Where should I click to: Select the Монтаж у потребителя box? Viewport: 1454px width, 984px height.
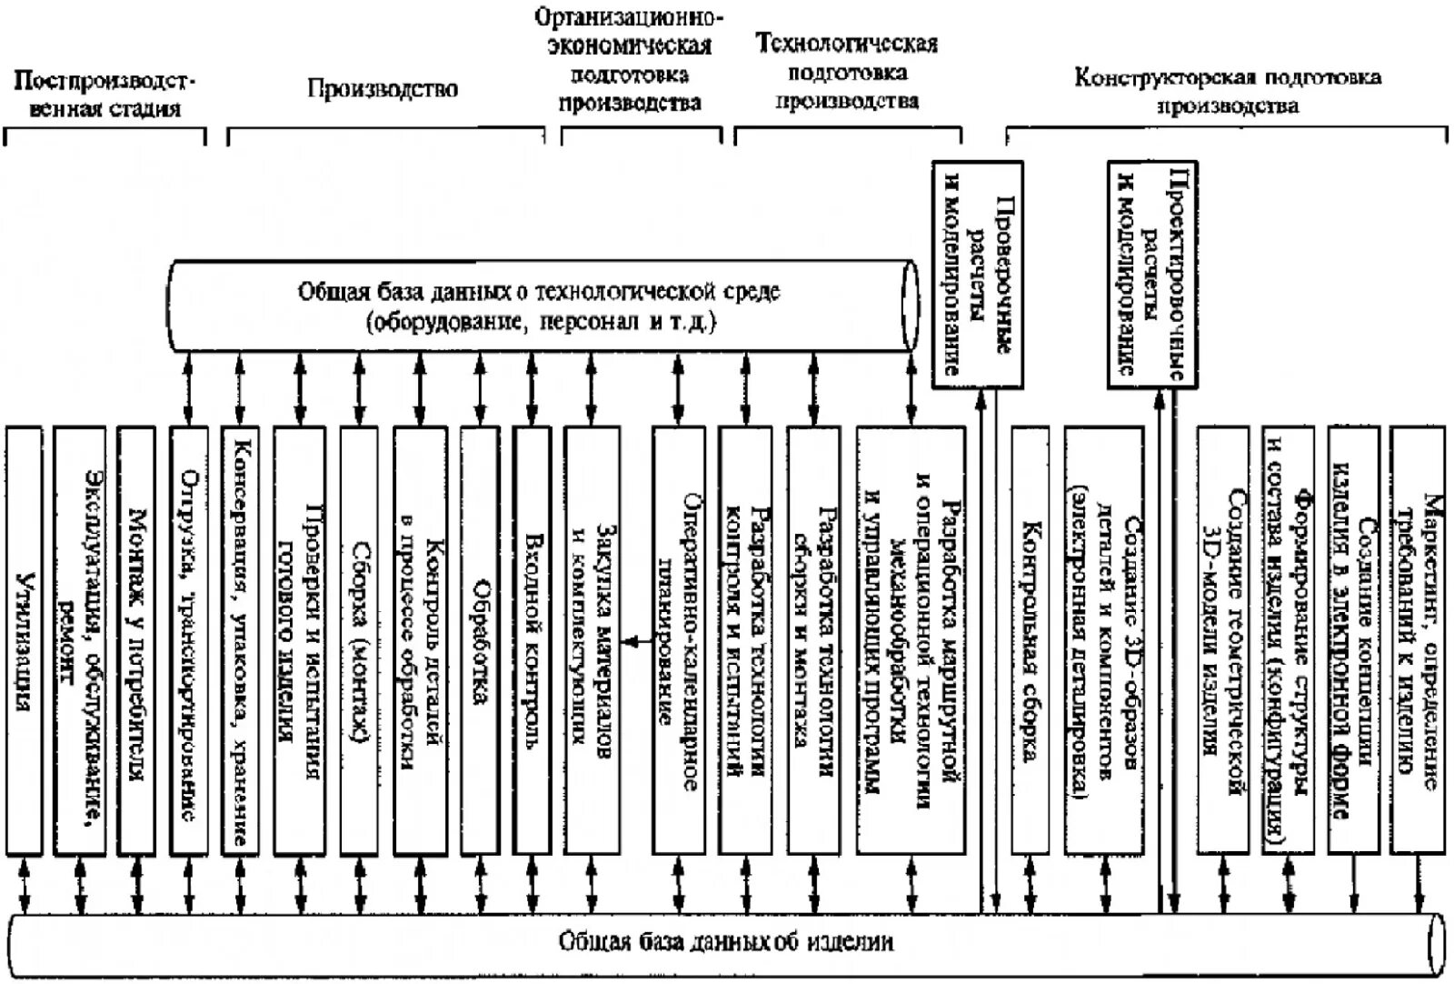coord(136,640)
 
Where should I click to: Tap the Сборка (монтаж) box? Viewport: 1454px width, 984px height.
coord(359,640)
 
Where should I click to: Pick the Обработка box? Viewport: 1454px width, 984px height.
coord(480,640)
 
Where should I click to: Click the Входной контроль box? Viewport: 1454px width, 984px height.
coord(533,640)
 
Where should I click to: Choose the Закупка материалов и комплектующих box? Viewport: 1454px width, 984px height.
coord(592,640)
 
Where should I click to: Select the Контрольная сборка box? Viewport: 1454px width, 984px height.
coord(1030,640)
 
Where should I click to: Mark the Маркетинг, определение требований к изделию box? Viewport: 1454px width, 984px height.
coord(1419,640)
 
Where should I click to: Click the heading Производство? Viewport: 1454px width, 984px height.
coord(382,89)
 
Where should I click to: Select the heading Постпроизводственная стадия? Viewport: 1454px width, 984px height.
coord(105,95)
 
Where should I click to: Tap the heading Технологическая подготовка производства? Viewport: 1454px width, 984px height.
coord(846,72)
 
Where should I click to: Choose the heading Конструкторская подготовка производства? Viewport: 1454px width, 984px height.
coord(1227,90)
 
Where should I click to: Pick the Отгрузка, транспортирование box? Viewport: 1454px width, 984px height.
coord(189,640)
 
